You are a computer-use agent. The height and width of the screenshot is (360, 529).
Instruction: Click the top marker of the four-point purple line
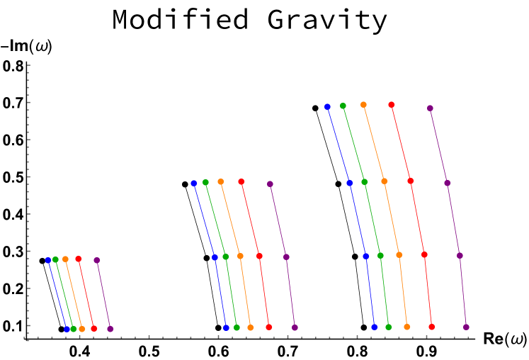(x=430, y=108)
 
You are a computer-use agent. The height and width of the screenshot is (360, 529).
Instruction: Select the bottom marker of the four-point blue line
(x=374, y=327)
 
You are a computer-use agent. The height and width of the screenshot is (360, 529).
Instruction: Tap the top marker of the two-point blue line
(x=48, y=260)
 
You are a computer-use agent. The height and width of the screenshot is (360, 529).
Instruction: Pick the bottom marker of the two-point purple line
(x=110, y=329)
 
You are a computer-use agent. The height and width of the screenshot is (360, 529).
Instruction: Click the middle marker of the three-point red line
(x=259, y=256)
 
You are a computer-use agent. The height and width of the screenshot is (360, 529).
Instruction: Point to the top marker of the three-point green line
(x=205, y=182)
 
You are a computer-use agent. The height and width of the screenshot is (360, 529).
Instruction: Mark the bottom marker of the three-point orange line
(x=250, y=327)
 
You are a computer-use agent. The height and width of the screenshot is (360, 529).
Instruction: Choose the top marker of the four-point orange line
(x=363, y=105)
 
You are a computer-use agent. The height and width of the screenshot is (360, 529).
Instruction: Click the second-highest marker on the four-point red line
(x=410, y=181)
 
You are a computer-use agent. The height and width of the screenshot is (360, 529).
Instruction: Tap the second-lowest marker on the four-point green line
(x=380, y=255)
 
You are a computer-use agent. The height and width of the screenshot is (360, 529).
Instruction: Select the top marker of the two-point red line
(x=79, y=259)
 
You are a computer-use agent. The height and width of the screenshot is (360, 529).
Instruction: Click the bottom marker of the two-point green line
(x=73, y=329)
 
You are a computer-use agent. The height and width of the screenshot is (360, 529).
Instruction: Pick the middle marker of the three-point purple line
(x=286, y=257)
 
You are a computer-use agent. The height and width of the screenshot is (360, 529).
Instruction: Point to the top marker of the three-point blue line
(x=194, y=183)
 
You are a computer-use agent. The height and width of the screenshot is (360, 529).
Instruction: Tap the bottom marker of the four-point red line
(x=431, y=327)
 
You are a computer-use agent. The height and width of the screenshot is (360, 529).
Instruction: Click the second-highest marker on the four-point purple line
(x=447, y=183)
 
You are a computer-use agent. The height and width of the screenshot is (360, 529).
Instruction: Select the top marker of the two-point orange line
(x=65, y=259)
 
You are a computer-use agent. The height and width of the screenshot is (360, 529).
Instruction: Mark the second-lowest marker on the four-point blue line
(x=365, y=256)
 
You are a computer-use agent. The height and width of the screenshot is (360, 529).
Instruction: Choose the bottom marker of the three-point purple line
(x=295, y=327)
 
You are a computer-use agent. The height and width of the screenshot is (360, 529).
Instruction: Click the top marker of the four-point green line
(x=343, y=106)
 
